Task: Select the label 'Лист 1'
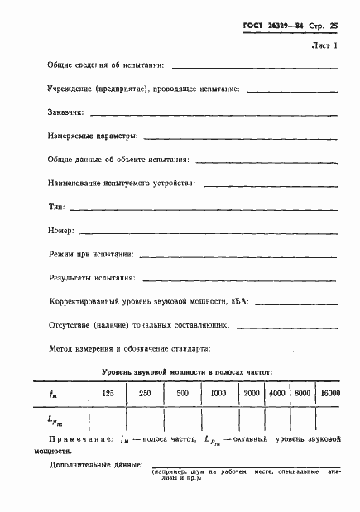click(x=325, y=45)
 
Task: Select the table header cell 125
click(x=108, y=393)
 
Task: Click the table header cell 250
click(x=144, y=393)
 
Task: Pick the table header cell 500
click(x=183, y=393)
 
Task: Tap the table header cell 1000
click(x=218, y=393)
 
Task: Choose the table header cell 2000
click(x=252, y=393)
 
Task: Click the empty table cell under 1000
click(x=218, y=419)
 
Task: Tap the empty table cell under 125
click(x=108, y=419)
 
